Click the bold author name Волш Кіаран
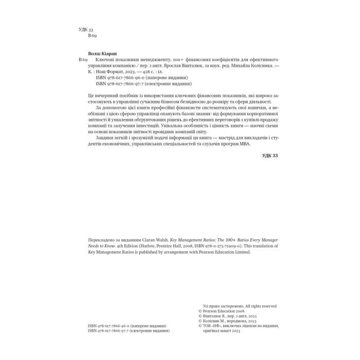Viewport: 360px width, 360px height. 103,53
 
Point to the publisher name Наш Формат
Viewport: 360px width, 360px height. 114,72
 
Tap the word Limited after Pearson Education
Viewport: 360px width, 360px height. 239,252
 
